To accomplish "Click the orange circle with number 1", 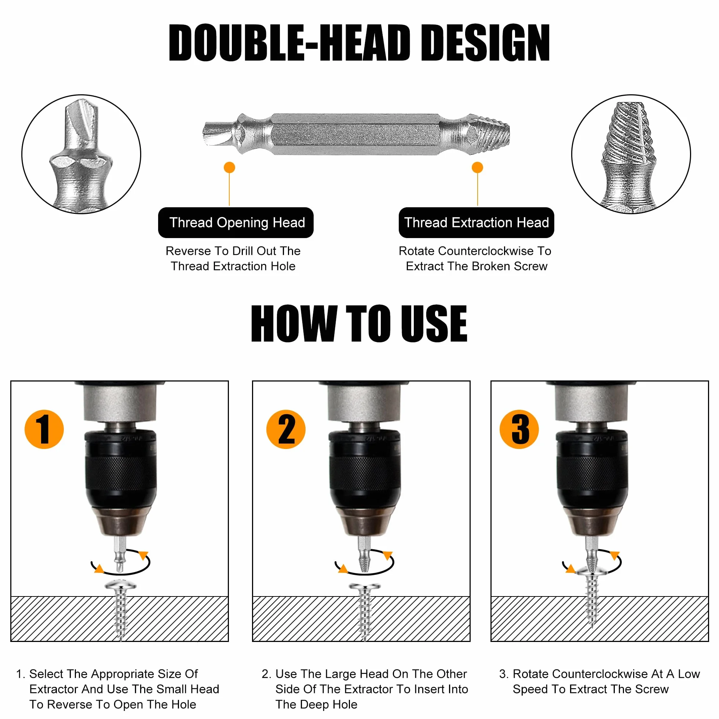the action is click(44, 429).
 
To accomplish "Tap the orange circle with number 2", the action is click(286, 429).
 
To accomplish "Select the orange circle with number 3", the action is click(519, 429).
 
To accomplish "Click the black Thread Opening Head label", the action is click(236, 223).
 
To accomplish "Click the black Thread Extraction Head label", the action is click(477, 223).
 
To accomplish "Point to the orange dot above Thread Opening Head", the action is click(229, 168).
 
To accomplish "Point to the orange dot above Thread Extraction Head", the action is click(478, 168).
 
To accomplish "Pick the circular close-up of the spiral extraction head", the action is click(631, 154).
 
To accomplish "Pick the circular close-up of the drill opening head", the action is click(81, 154).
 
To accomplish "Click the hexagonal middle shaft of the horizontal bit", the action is click(355, 134).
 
